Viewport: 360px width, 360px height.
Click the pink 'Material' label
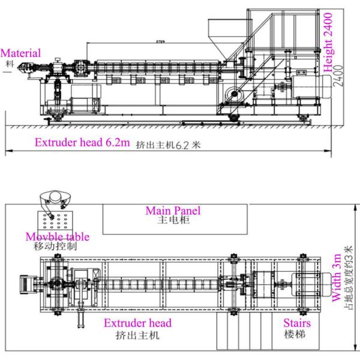(21, 53)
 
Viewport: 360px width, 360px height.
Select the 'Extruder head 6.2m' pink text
(81, 143)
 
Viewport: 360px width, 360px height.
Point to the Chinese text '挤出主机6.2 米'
(167, 145)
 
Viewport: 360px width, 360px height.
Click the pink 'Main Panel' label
(173, 211)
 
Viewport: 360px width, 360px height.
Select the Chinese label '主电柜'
(173, 220)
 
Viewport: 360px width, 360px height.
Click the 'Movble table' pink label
(58, 236)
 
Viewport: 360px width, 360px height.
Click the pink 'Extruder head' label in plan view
(137, 323)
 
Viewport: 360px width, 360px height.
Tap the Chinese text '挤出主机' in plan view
(137, 335)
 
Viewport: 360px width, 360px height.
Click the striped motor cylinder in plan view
(310, 283)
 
